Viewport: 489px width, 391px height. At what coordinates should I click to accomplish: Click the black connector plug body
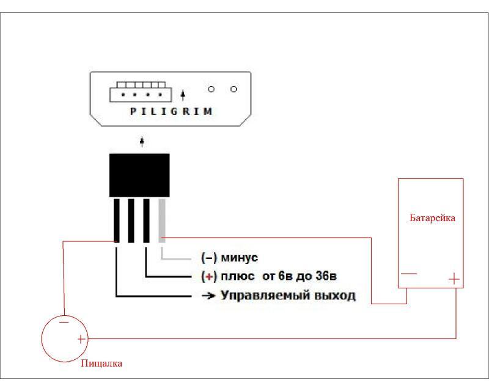point(139,175)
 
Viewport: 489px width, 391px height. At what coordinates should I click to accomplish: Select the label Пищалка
point(101,364)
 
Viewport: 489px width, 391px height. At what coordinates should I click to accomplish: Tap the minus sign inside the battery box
point(409,274)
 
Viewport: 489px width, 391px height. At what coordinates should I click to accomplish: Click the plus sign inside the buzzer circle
point(81,338)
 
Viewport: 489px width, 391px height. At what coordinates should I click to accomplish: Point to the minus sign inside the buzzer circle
point(64,320)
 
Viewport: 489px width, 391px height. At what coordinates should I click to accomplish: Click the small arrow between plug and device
point(142,142)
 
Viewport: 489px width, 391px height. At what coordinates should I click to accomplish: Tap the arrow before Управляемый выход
point(207,296)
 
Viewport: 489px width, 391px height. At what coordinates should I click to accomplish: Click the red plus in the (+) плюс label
point(209,276)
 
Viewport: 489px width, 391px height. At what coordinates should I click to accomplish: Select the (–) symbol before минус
point(209,258)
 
